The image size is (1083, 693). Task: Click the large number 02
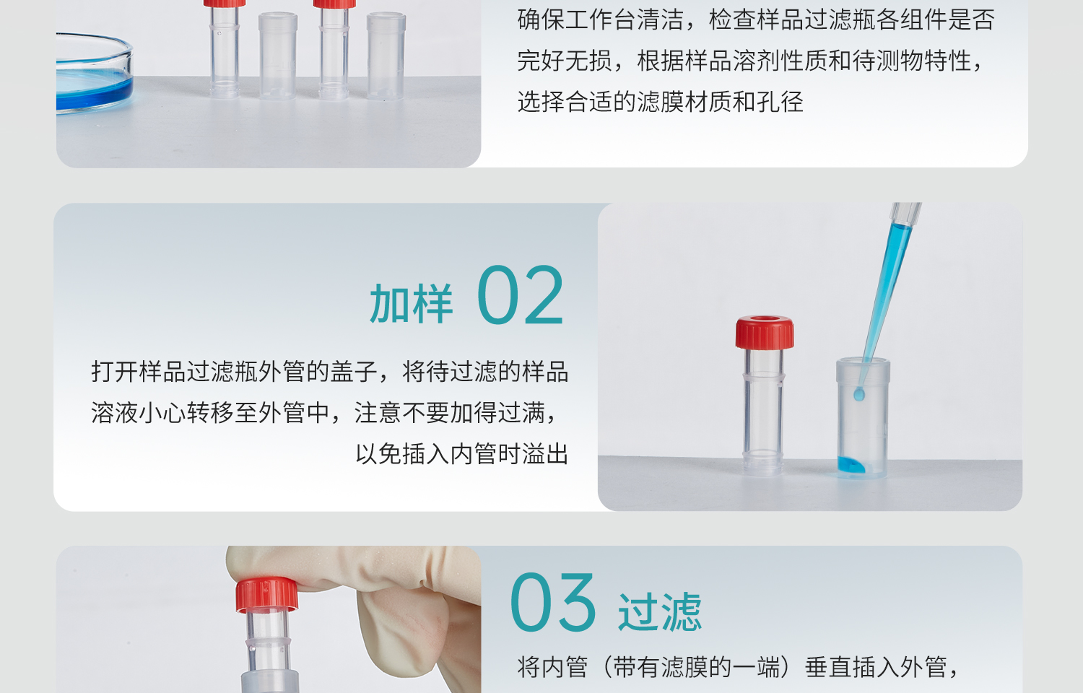coord(521,295)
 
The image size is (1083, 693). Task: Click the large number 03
coord(552,602)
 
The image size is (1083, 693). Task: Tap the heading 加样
coord(411,303)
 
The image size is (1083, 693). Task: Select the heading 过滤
coord(659,611)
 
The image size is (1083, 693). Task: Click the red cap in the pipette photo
coord(765,332)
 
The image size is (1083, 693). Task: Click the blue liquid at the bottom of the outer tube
coord(851,465)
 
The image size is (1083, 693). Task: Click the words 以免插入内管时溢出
coord(461,454)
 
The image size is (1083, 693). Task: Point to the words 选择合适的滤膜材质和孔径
coord(660,102)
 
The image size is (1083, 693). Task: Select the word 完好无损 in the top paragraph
coord(565,61)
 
